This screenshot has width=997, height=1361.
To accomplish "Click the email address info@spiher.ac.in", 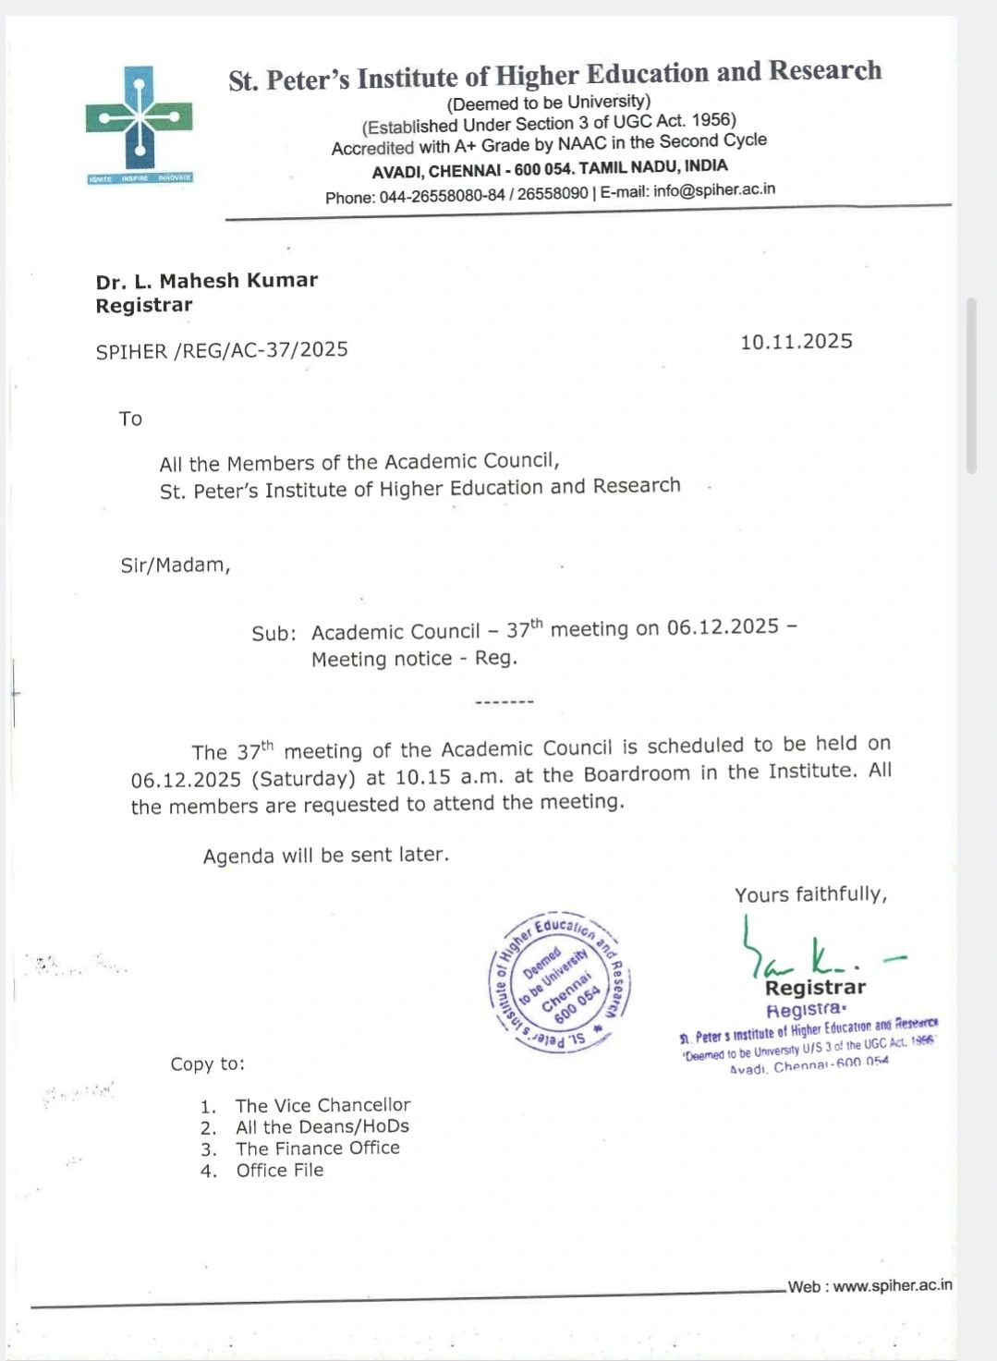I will tap(713, 190).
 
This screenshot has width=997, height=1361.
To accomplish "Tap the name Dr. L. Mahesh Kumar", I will tap(207, 280).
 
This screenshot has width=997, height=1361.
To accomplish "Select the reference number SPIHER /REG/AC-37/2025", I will tap(222, 350).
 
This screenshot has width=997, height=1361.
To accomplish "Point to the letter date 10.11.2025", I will tap(796, 342).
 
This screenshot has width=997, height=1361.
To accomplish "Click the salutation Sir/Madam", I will tap(175, 565).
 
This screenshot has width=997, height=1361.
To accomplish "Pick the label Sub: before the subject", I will tap(274, 633).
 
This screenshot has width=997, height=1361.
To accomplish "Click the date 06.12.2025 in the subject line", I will tap(723, 626).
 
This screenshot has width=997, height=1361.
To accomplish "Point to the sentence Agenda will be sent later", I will tap(326, 855).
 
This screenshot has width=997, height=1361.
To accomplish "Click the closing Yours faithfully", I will tap(810, 893).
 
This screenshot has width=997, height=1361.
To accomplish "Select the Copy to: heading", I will tap(207, 1063).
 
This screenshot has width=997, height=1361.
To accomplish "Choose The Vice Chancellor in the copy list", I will tap(322, 1105).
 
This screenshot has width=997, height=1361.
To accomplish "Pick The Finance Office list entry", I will tap(317, 1148).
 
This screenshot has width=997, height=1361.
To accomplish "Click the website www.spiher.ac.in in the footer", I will tap(892, 1285).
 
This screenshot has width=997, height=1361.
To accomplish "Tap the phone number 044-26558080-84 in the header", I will tap(442, 197).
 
